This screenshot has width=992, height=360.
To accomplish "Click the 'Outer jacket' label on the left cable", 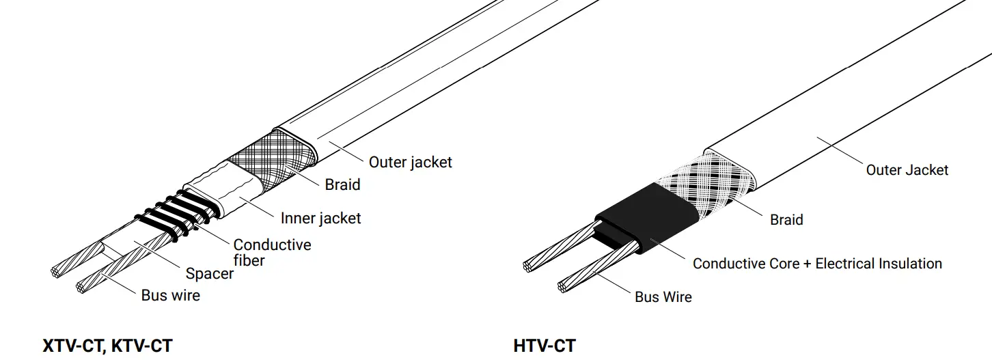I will coord(410,163).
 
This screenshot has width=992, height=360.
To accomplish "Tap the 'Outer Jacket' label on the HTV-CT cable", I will coord(907,170).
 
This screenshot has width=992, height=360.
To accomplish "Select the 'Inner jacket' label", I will coord(320,219).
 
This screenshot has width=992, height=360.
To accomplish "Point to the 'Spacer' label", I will coord(209,274).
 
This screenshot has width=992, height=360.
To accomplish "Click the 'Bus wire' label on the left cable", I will coord(170,295).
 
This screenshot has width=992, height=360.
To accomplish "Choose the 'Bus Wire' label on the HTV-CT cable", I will coord(663,297).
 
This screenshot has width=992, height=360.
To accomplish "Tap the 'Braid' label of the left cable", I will coord(342,184).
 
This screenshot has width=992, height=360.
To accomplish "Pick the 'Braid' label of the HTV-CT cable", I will coord(786,220).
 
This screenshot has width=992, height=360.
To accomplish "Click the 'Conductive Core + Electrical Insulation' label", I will coord(817,264).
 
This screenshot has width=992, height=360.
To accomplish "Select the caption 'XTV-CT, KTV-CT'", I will coord(107,346).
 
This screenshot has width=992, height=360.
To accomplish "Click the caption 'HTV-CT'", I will coord(544,346).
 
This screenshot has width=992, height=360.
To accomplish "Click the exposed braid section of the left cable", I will coord(273,163).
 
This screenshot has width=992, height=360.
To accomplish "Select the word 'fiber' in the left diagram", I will coord(249,260).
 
